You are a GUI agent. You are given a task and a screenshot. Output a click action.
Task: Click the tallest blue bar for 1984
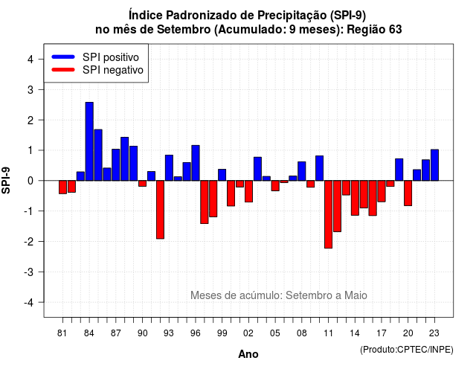(89, 141)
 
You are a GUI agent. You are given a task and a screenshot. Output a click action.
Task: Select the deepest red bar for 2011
(328, 214)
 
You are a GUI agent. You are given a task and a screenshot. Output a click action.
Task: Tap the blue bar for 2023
(434, 165)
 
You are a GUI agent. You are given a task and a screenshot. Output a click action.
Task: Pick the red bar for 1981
(62, 187)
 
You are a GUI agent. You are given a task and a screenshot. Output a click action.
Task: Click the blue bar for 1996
(196, 163)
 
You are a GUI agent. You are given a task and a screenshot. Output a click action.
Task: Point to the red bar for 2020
(408, 193)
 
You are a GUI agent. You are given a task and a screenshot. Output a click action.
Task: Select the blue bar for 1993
(169, 167)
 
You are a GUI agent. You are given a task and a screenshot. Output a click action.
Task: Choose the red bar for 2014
(355, 198)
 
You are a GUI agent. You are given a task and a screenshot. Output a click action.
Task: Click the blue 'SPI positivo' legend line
(63, 57)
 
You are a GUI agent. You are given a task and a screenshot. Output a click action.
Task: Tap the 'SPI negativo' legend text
(112, 70)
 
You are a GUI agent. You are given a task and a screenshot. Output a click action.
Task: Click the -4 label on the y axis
(29, 303)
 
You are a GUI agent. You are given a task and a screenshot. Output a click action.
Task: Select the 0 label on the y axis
(30, 181)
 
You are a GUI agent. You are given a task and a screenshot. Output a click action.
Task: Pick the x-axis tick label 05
(275, 333)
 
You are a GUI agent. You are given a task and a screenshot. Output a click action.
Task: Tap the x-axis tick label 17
(382, 333)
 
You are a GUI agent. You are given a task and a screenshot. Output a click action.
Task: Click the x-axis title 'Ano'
(248, 354)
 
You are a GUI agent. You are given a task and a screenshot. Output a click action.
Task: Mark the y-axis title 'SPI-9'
(6, 180)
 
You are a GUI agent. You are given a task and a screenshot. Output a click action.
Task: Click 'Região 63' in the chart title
(374, 30)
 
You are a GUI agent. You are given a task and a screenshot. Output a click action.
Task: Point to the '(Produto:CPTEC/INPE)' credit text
(407, 350)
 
